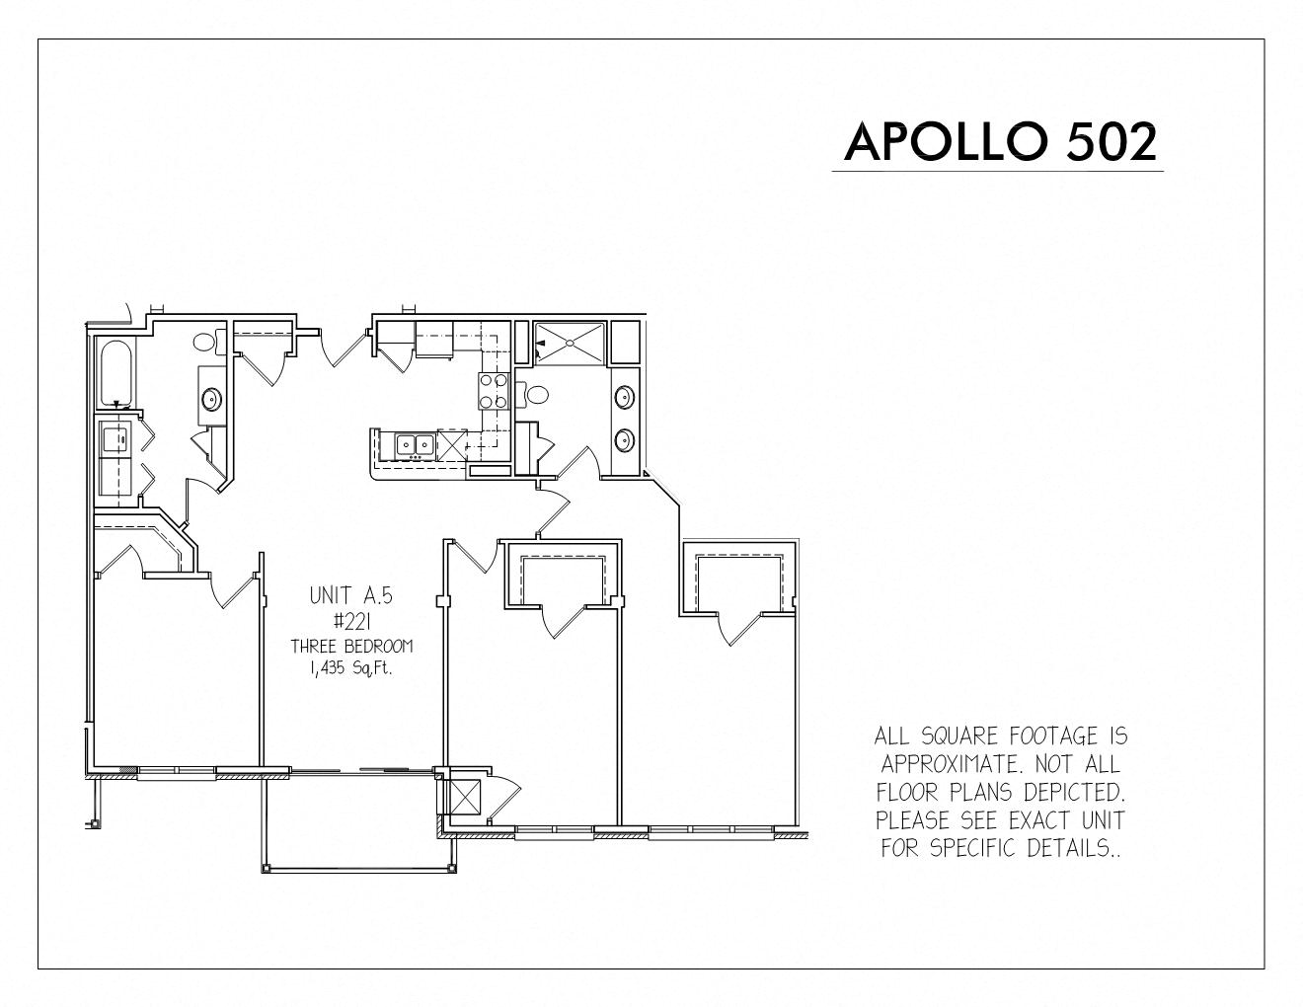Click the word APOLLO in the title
[x=947, y=141]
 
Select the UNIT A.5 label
[x=350, y=595]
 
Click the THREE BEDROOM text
[x=352, y=647]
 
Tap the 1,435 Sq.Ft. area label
[x=351, y=669]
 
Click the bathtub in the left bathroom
[x=116, y=373]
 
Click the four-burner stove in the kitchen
[x=494, y=390]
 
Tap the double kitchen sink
[x=415, y=444]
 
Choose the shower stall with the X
[x=570, y=343]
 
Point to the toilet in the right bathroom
[x=533, y=395]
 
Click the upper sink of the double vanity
[x=624, y=397]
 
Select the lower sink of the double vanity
[x=624, y=440]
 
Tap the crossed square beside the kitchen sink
[x=452, y=444]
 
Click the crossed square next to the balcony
[x=465, y=796]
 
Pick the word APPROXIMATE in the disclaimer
[x=948, y=763]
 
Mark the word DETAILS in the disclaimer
[x=1072, y=847]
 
